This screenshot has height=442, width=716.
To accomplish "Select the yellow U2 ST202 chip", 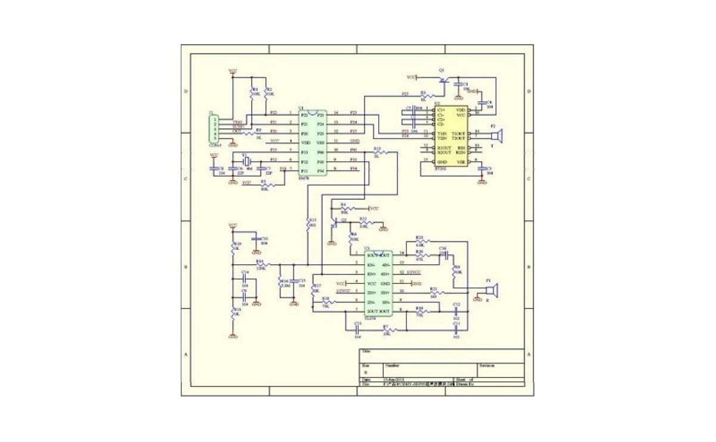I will coord(451,136).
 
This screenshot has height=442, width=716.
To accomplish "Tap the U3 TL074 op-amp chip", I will coord(378,283).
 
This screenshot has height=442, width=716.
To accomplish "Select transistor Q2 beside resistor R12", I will coord(335,223).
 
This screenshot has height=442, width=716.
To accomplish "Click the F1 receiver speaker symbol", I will coord(490,290).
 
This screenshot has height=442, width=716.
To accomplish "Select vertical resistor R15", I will coord(308,225).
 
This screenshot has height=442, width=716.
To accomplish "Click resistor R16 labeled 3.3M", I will coord(281,284).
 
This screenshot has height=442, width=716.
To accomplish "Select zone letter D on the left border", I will coord(186,91).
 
